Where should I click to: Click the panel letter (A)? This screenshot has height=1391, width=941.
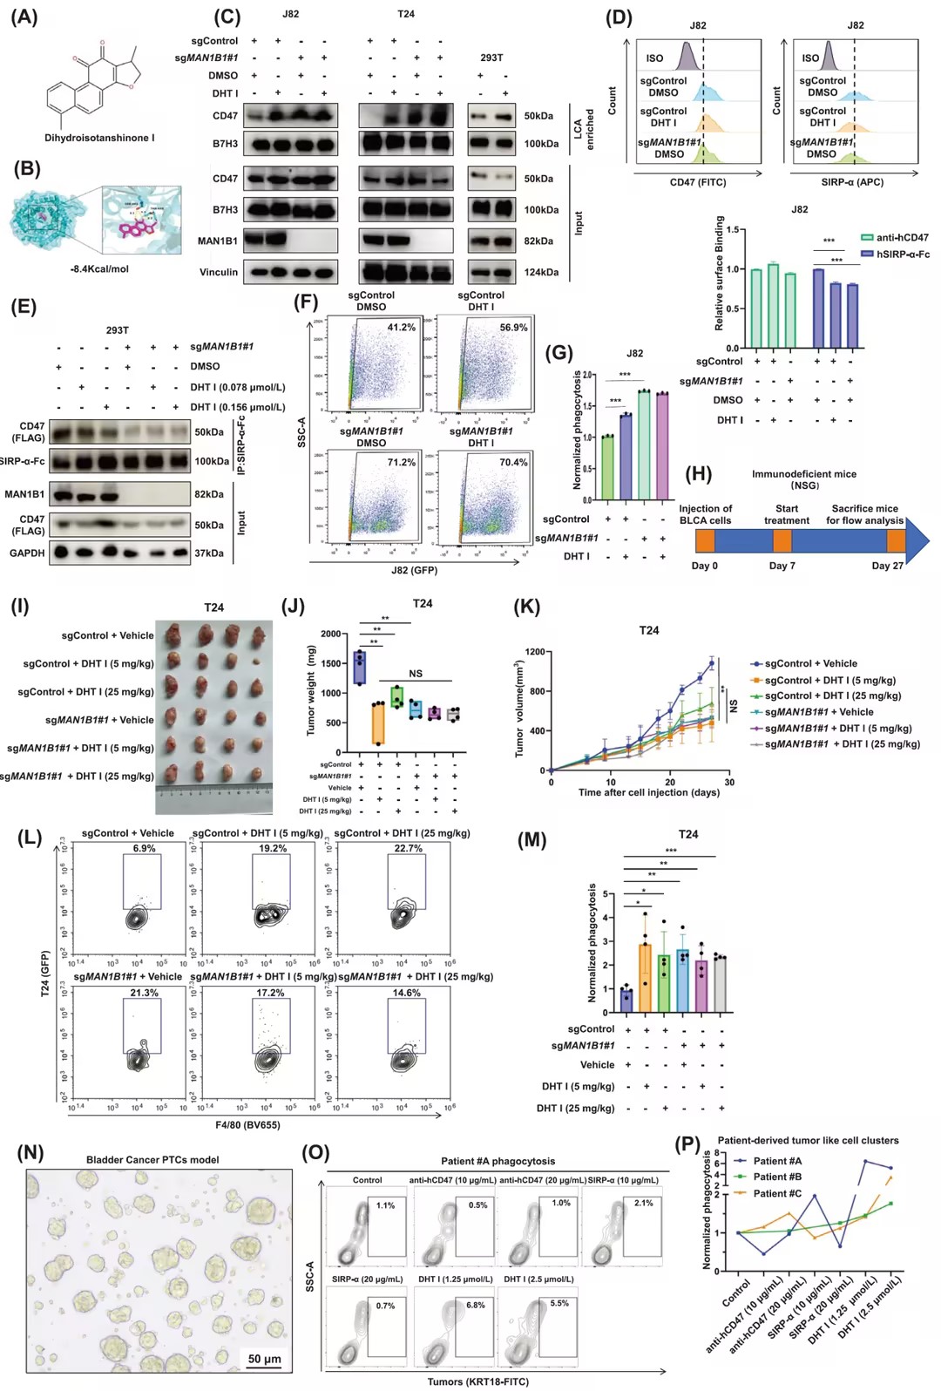click(x=24, y=17)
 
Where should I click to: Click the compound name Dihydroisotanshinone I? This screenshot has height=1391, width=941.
click(x=99, y=138)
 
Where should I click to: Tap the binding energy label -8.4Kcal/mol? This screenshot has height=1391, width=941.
click(x=99, y=269)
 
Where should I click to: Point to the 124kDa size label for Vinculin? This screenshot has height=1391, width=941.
click(x=540, y=273)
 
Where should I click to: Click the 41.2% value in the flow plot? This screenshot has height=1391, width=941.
click(x=402, y=328)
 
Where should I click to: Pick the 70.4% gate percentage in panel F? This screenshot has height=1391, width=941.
click(x=513, y=463)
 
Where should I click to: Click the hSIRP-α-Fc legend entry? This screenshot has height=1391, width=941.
click(x=902, y=254)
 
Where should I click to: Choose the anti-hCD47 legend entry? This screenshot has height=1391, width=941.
click(x=902, y=237)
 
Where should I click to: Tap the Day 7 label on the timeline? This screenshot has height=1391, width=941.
click(x=782, y=566)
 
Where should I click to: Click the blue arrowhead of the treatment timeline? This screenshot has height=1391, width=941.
click(x=917, y=540)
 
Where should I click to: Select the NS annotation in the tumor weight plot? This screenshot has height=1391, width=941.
click(x=416, y=674)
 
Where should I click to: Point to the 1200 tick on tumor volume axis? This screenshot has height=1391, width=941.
click(x=535, y=652)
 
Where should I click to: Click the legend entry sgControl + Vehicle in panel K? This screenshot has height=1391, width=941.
click(x=810, y=664)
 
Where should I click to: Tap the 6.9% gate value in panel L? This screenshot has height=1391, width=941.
click(x=145, y=848)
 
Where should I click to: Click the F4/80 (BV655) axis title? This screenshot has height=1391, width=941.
click(x=248, y=1125)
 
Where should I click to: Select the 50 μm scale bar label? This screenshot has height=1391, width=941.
click(x=264, y=1359)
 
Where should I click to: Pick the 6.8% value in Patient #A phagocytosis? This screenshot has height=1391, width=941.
click(x=475, y=1306)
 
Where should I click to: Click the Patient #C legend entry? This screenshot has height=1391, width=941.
click(x=777, y=1194)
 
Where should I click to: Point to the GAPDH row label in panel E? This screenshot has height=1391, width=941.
click(x=27, y=553)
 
